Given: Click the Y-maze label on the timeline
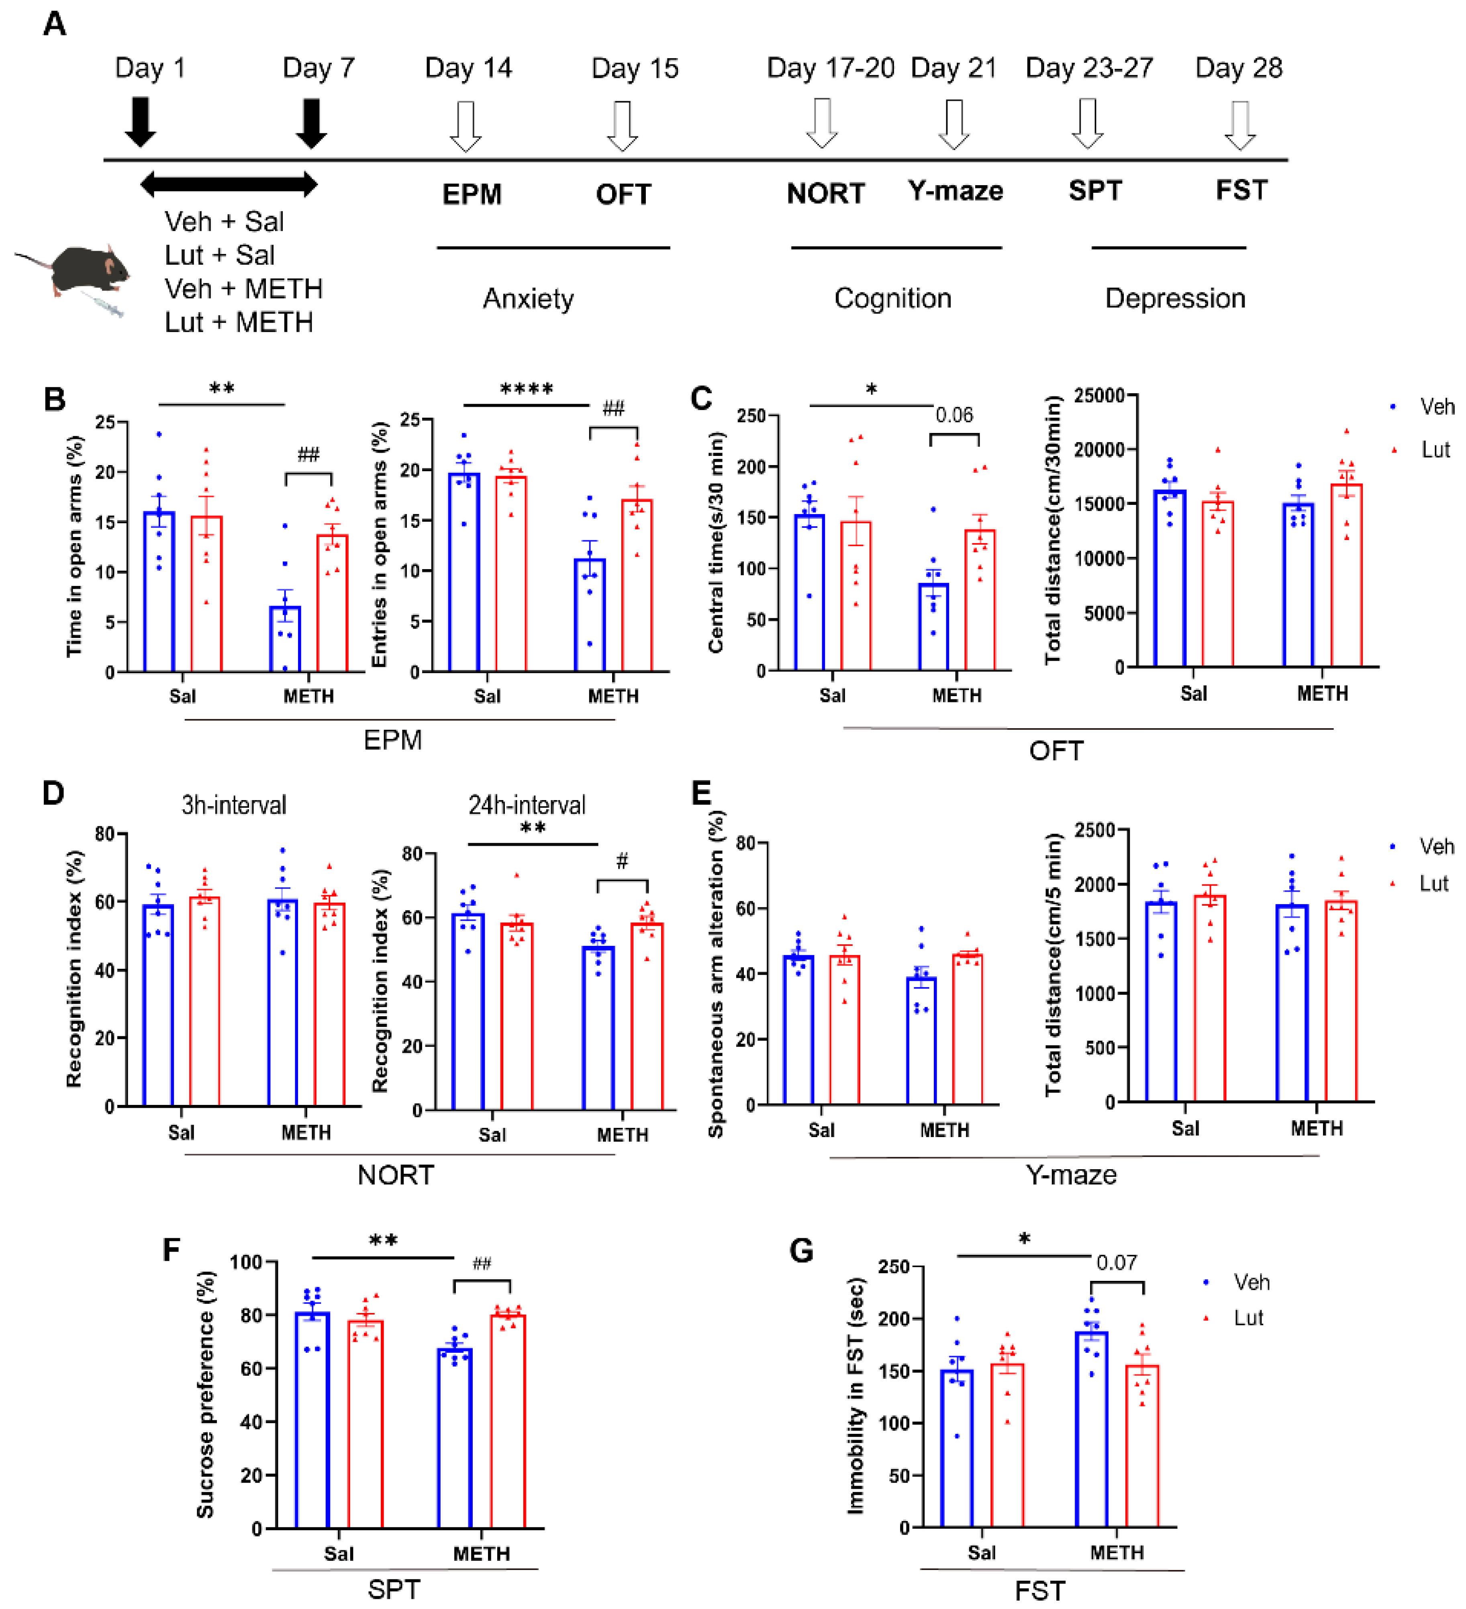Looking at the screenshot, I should point(955,192).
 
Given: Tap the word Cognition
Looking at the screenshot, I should point(892,298).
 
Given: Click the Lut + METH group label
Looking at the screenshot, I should point(239,323).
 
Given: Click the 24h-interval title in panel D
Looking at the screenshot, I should point(527,804).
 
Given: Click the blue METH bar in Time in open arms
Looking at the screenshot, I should point(285,639).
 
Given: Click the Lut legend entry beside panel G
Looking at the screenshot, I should point(1248,1318).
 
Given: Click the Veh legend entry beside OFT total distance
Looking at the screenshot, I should point(1435,407).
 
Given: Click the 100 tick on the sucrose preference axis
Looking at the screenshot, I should point(246,1262).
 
